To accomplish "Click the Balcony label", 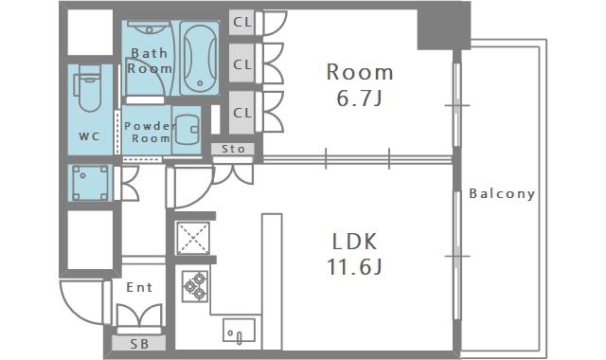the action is pos(502,193).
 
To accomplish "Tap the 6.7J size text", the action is pos(360,99).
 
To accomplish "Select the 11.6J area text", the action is pos(354,266).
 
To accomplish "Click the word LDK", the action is pos(354,242).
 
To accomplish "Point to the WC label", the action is pos(89,136).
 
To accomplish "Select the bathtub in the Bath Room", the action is pos(200,58).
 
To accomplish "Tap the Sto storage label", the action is pos(233,149).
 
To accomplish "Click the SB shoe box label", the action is pos(139,343).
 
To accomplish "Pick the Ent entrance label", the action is pos(139,287).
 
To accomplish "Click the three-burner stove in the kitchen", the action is pos(195,286).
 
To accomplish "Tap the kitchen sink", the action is pos(239,331).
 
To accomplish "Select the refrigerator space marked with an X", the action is pos(193,238).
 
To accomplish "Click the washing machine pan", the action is pos(91,183).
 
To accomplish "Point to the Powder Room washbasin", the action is pos(187,129).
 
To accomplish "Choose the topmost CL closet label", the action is pos(242,23).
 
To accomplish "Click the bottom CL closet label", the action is pos(242,113).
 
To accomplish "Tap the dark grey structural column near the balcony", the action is pos(444,26).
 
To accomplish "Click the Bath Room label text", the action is pos(150,61).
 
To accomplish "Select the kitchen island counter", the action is pos(272,281).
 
